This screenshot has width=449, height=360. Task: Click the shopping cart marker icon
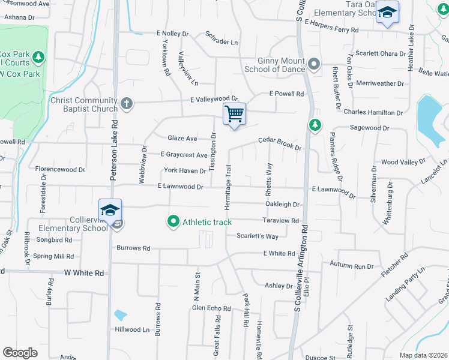coord(234,113)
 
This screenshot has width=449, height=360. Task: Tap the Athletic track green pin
coord(173,222)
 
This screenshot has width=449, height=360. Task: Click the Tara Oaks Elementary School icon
coord(387,13)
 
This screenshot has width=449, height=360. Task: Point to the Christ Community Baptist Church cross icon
coord(126,104)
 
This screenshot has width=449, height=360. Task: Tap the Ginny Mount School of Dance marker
coord(313,64)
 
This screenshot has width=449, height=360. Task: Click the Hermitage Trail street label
coord(228,186)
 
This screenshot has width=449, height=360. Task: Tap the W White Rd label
coord(84,273)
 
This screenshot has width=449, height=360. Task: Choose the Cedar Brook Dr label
coord(279,143)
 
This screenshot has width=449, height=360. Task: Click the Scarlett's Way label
coord(257,236)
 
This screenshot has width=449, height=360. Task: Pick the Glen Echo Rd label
coord(211,308)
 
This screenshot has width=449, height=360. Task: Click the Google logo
coord(20,352)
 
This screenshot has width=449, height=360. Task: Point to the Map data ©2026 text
coord(423,355)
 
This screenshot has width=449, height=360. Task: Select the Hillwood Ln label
coord(132,329)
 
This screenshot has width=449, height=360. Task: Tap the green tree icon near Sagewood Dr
coord(313,125)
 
